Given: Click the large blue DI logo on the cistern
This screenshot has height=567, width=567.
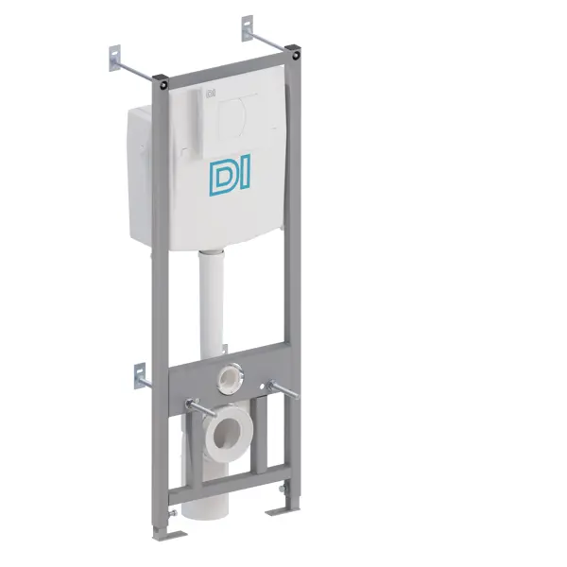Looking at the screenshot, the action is click(230, 176).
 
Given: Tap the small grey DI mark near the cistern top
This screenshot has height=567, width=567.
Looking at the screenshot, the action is click(211, 94).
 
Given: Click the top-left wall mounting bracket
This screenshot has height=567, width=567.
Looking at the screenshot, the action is click(114, 58).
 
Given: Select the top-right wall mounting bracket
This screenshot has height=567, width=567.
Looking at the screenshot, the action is click(248, 27).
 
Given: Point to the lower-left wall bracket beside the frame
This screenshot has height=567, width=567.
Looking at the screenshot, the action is click(140, 376).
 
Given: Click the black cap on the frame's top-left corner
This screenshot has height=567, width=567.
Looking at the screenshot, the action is click(160, 81).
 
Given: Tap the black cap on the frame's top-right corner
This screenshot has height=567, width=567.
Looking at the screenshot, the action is click(293, 52).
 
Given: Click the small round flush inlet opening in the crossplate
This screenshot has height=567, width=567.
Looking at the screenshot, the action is click(230, 378).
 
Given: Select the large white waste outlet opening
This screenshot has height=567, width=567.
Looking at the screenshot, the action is click(227, 434).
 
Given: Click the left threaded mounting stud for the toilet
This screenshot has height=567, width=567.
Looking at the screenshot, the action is click(200, 407).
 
